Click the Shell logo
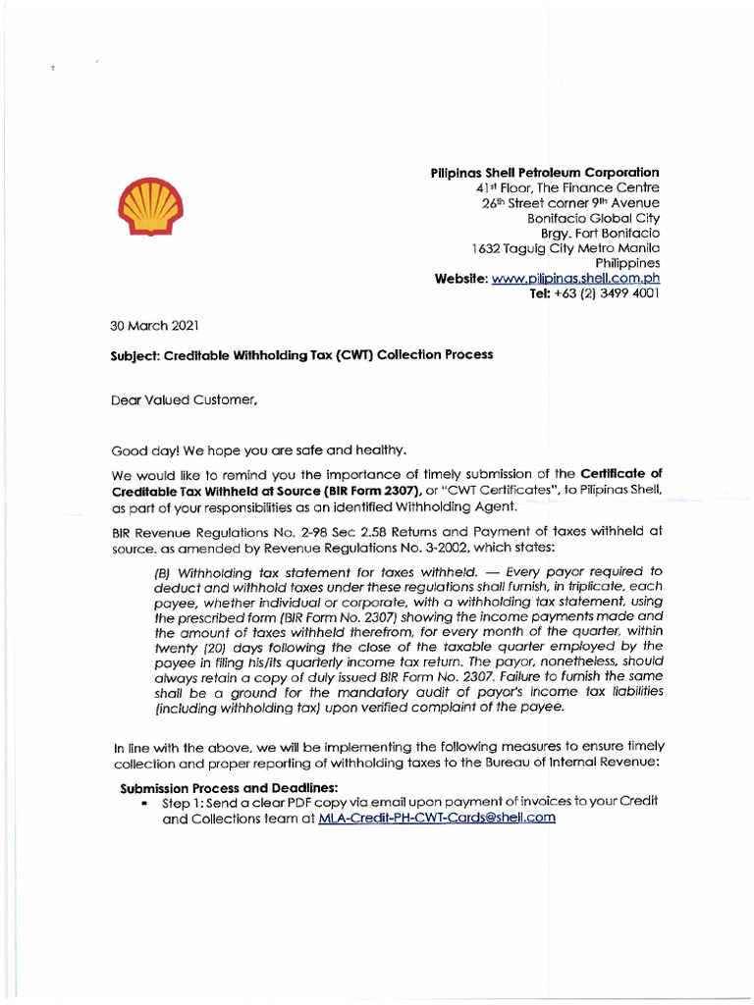(x=150, y=209)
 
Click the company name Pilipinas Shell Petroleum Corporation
(x=545, y=173)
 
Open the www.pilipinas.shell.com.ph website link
(x=575, y=279)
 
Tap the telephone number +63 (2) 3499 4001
(x=604, y=293)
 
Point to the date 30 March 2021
(x=154, y=325)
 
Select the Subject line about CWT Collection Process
(x=301, y=354)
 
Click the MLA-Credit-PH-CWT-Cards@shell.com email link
(x=437, y=818)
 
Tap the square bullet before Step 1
(x=144, y=803)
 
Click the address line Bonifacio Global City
(x=593, y=218)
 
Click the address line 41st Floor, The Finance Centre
(x=567, y=187)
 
